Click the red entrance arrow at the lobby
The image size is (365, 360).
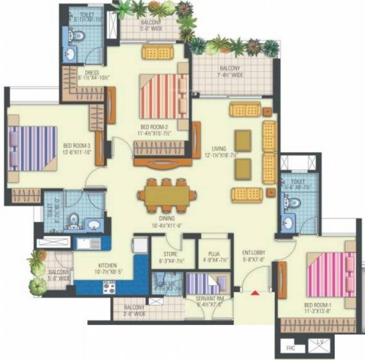[x=255, y=293]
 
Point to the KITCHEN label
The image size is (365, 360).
[x=107, y=265]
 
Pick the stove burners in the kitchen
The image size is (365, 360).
[x=109, y=287]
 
